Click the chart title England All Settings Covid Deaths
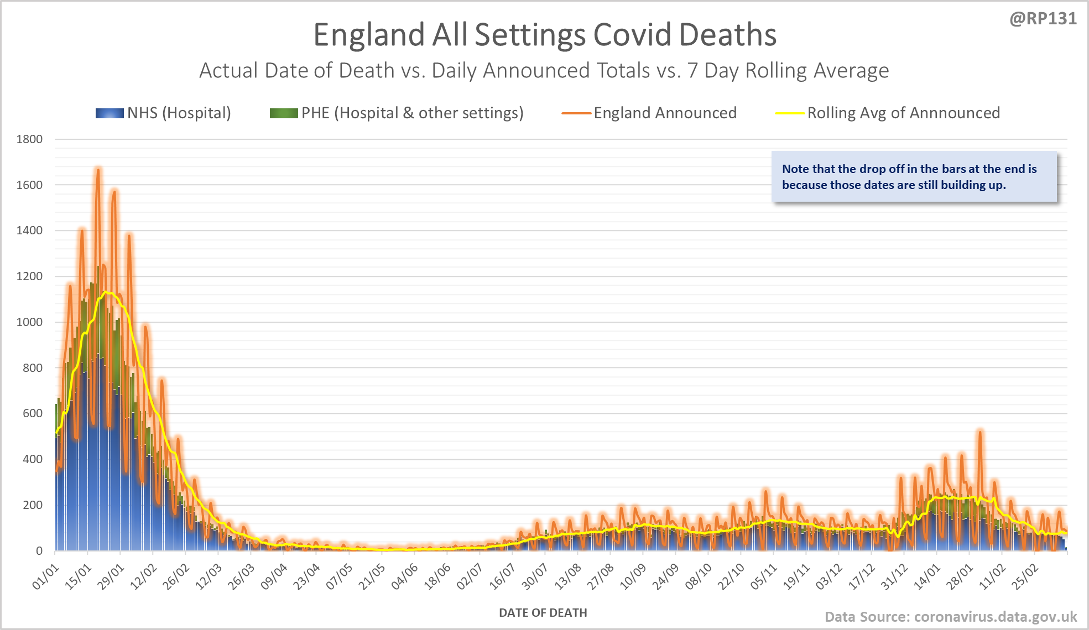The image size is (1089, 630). pyautogui.click(x=545, y=35)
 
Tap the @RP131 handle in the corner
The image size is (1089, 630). pyautogui.click(x=1043, y=19)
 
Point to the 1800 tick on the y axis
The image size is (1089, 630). pyautogui.click(x=30, y=139)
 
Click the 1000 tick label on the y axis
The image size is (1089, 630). pyautogui.click(x=30, y=322)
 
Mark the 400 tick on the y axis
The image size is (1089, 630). pyautogui.click(x=33, y=459)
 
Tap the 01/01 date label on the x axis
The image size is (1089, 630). pyautogui.click(x=46, y=576)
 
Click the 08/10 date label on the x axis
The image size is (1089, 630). pyautogui.click(x=698, y=576)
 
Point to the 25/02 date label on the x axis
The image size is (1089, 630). pyautogui.click(x=1025, y=576)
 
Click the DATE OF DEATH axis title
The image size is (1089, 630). pyautogui.click(x=543, y=613)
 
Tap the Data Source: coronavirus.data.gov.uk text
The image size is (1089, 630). pyautogui.click(x=951, y=617)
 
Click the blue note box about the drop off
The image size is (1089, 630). pyautogui.click(x=914, y=177)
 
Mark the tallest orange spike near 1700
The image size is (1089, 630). pyautogui.click(x=98, y=170)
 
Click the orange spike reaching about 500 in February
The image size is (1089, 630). pyautogui.click(x=979, y=432)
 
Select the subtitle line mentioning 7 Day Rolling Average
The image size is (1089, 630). pyautogui.click(x=544, y=71)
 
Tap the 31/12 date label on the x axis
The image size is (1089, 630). pyautogui.click(x=894, y=576)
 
